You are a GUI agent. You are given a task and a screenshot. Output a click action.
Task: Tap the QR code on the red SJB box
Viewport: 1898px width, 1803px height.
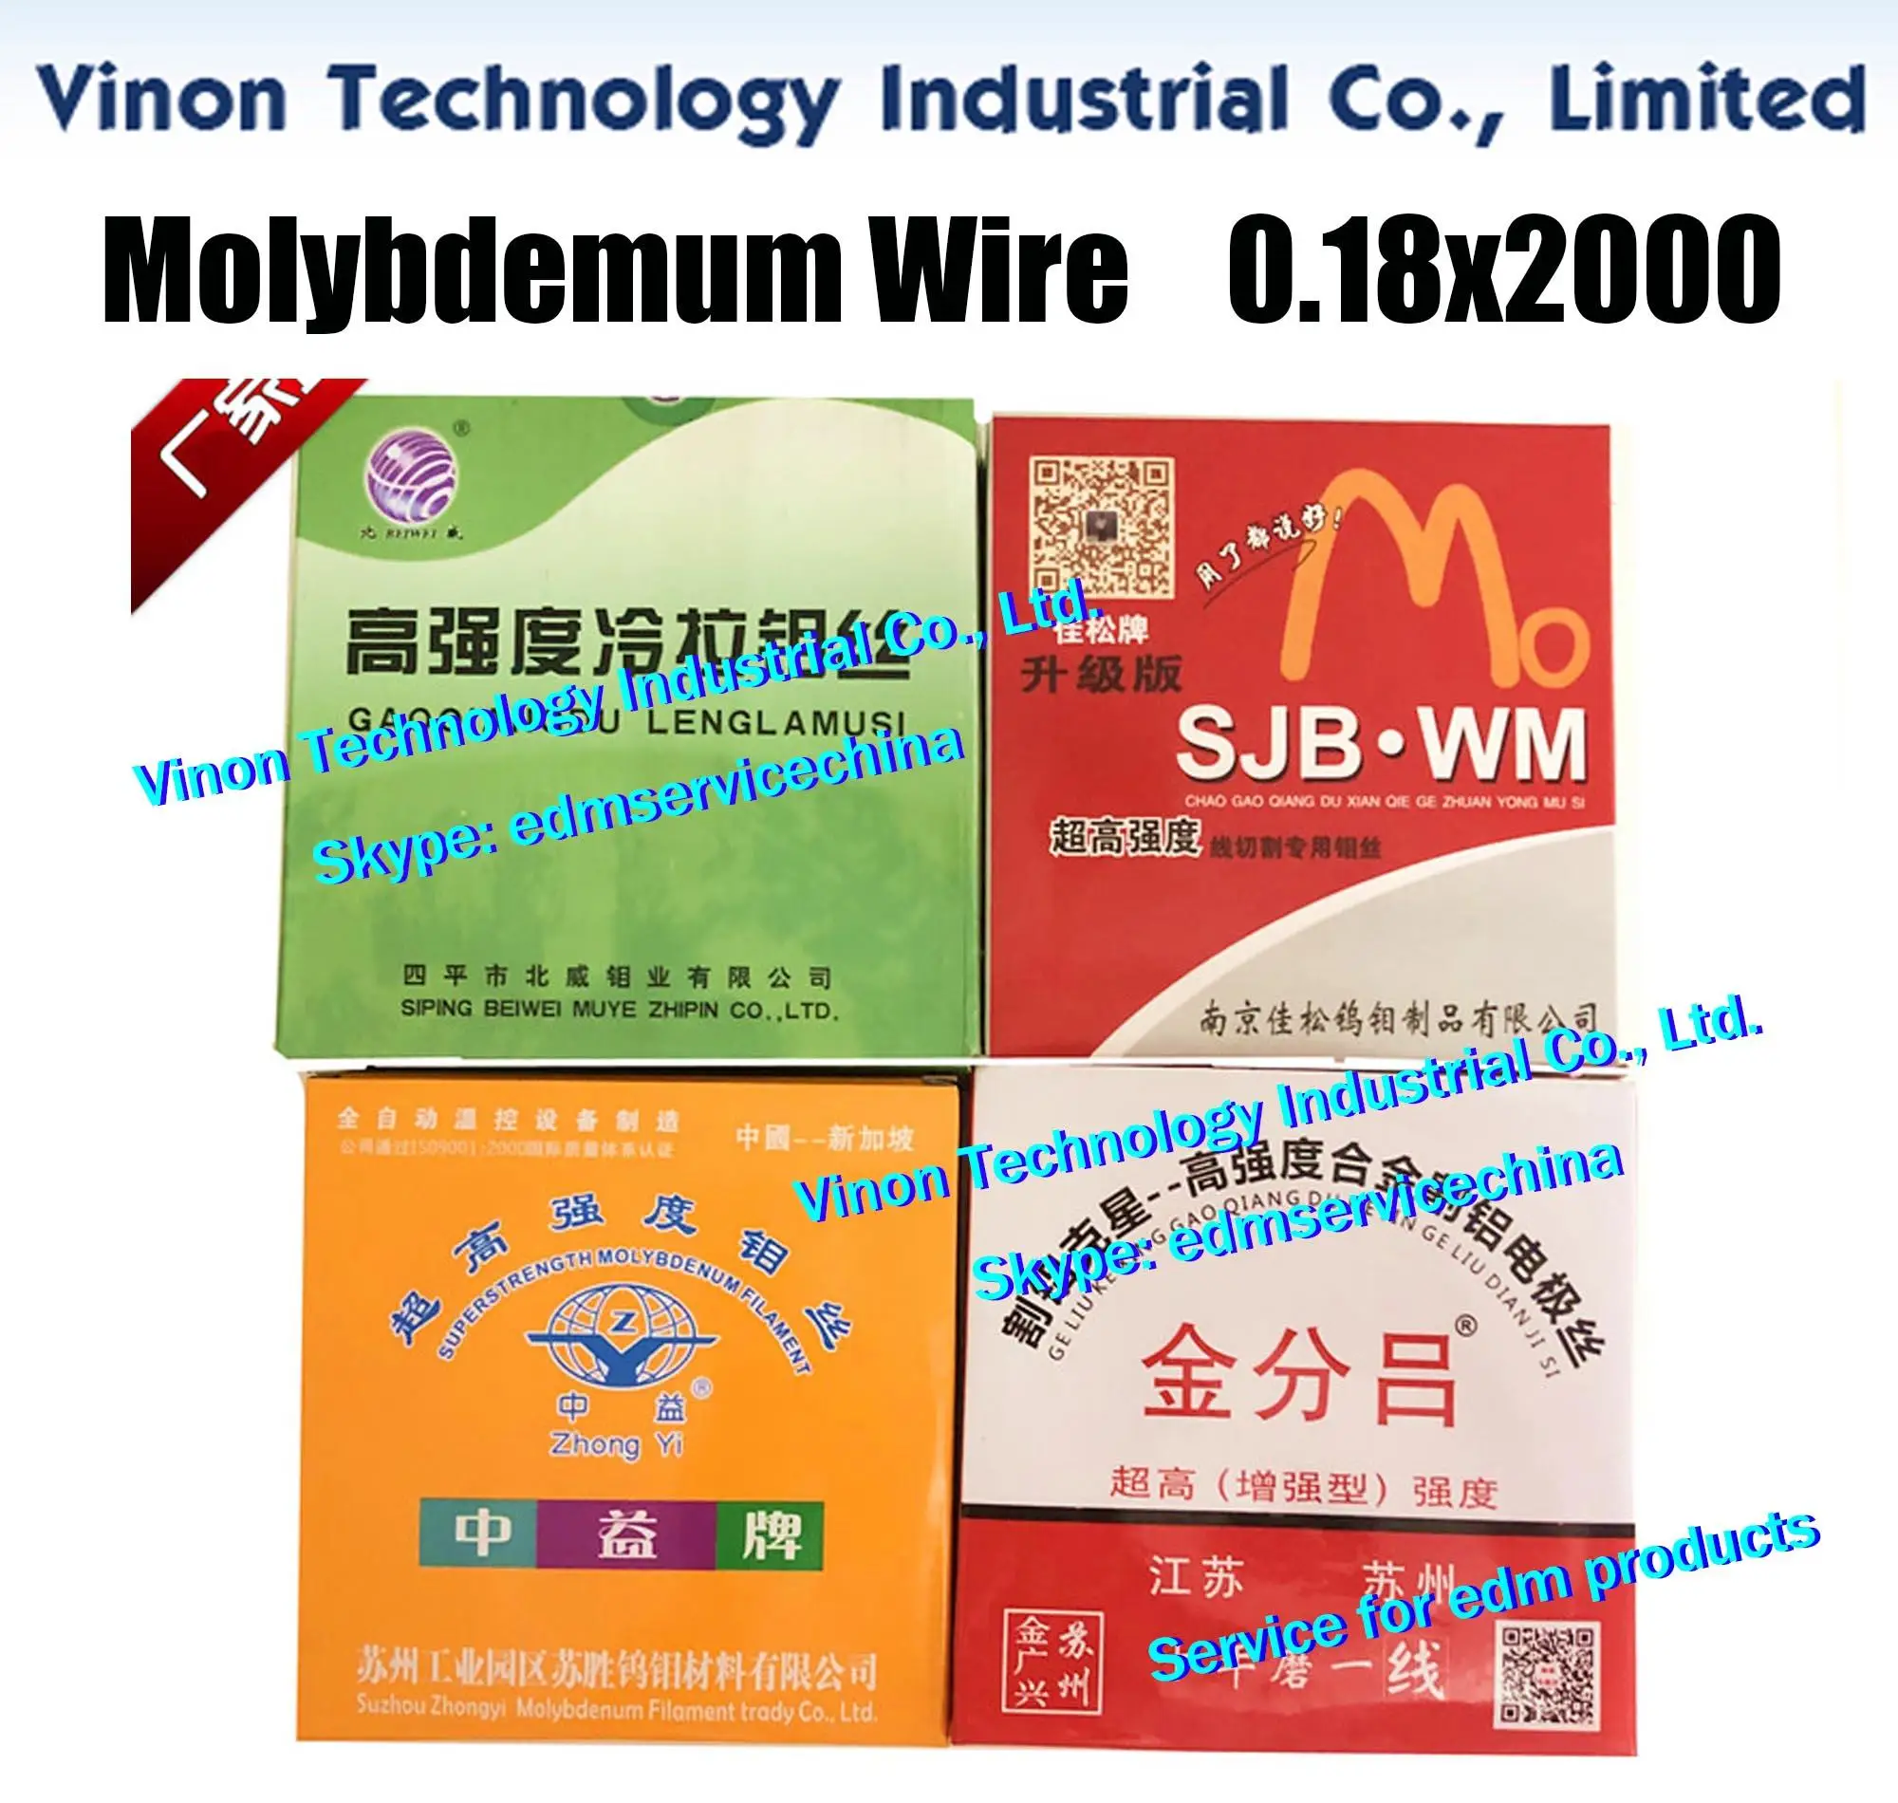pyautogui.click(x=1102, y=527)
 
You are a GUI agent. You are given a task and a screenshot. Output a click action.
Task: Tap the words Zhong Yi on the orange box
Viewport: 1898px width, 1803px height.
pyautogui.click(x=616, y=1443)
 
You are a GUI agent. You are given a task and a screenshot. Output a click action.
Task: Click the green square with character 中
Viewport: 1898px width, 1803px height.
pyautogui.click(x=478, y=1533)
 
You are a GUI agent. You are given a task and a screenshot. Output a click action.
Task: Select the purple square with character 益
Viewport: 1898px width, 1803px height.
pyautogui.click(x=626, y=1533)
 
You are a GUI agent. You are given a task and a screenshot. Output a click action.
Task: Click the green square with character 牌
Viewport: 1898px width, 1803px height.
pyautogui.click(x=770, y=1533)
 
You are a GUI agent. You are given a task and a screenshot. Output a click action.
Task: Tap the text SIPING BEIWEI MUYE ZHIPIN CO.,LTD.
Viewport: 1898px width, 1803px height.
pyautogui.click(x=619, y=1010)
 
